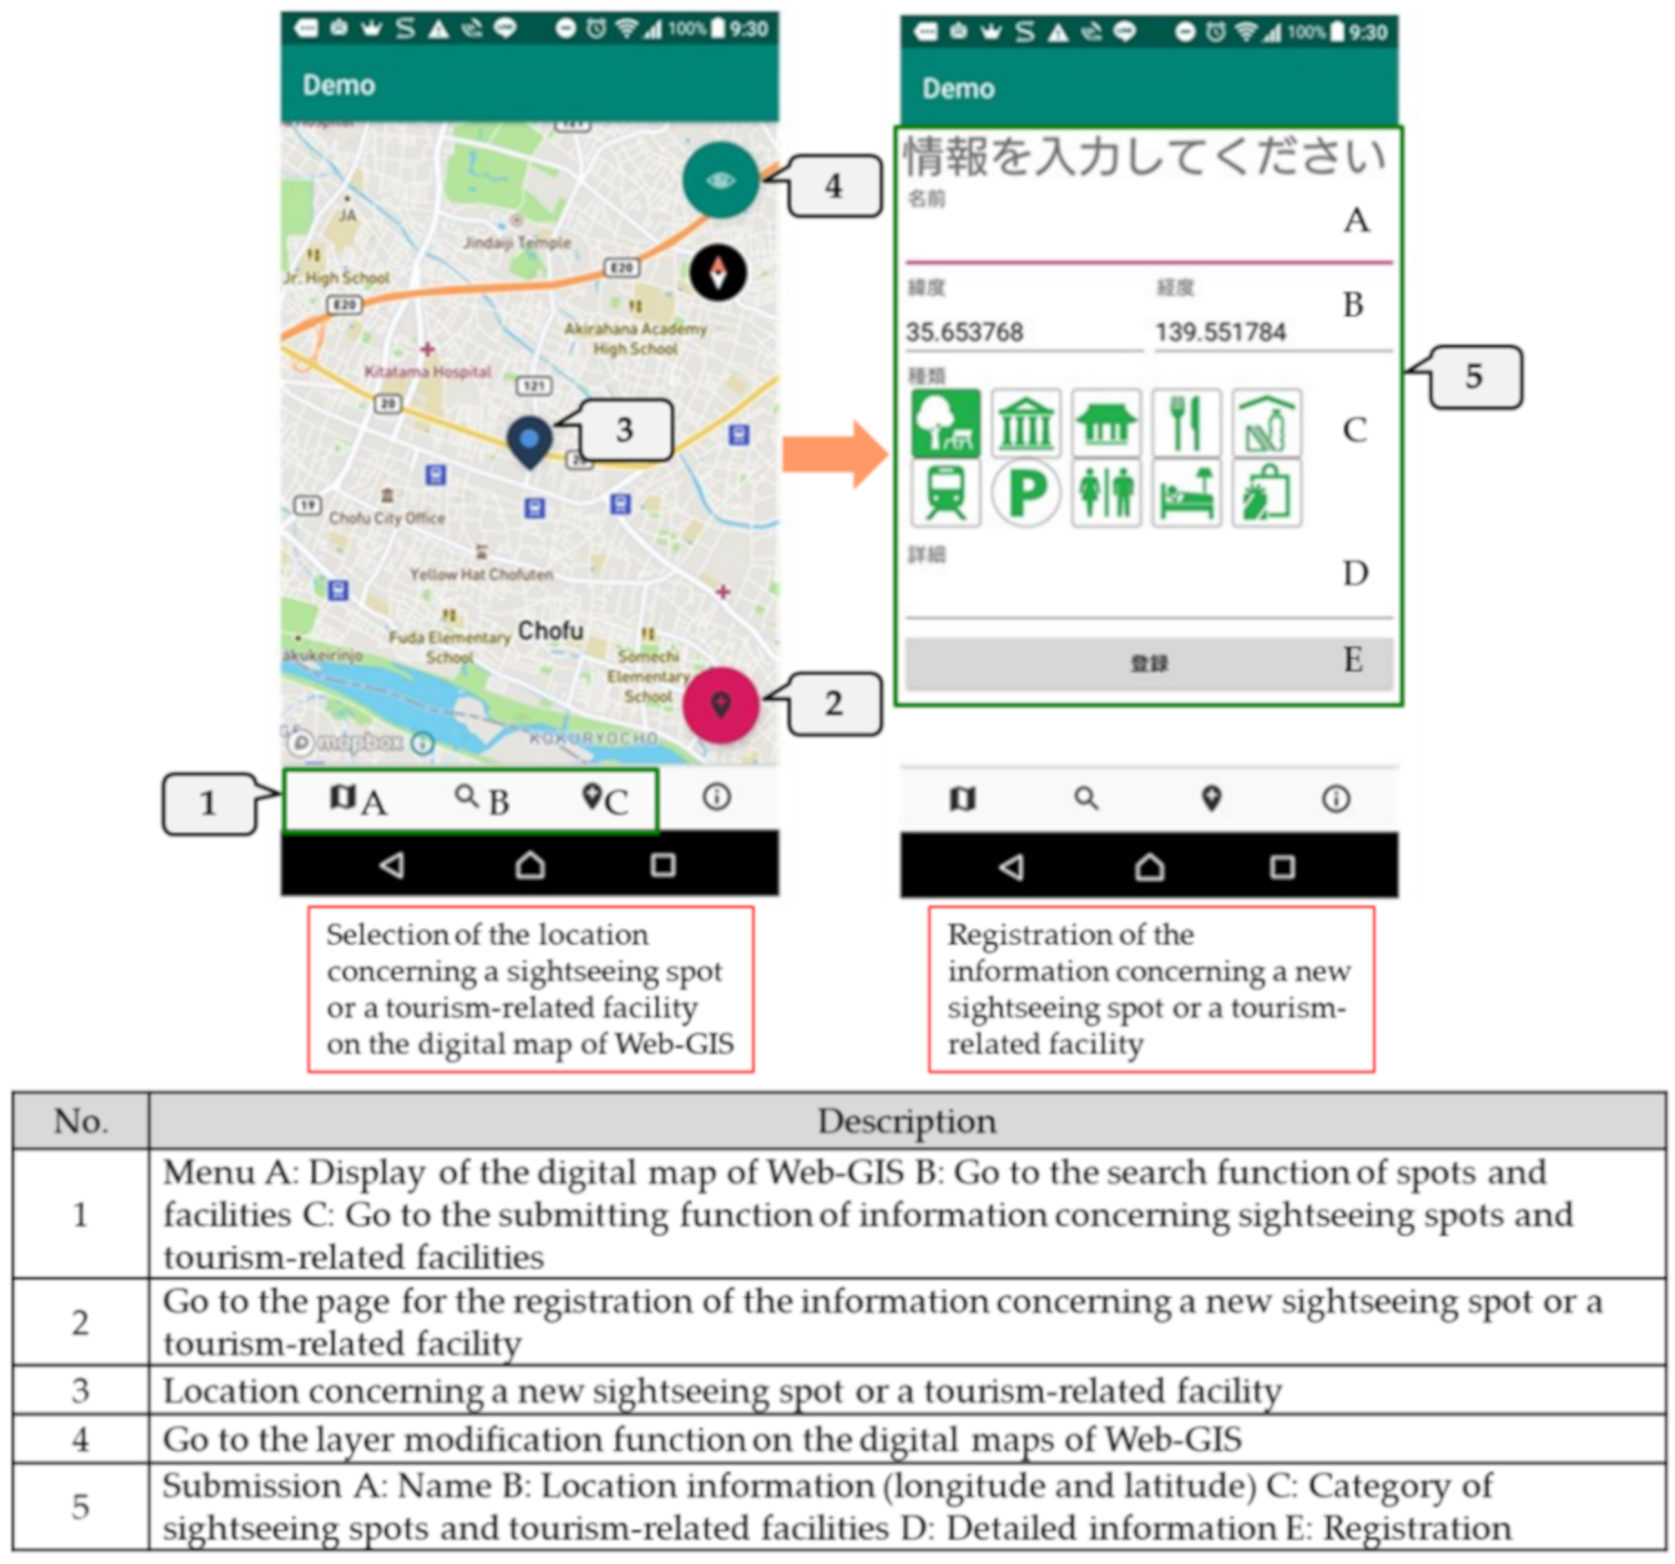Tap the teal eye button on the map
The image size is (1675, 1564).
click(x=720, y=180)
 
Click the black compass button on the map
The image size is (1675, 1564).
click(x=718, y=273)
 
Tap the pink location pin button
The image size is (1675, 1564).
click(x=720, y=705)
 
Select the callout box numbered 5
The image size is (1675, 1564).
click(x=1475, y=377)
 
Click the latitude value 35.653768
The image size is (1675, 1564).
click(x=964, y=332)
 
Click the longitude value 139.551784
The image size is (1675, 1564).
click(x=1220, y=332)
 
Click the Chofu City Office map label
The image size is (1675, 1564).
click(x=387, y=517)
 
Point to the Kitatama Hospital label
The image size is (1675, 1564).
click(x=427, y=372)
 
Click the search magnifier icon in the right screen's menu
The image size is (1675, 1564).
click(x=1086, y=798)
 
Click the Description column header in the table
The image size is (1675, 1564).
click(x=906, y=1121)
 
